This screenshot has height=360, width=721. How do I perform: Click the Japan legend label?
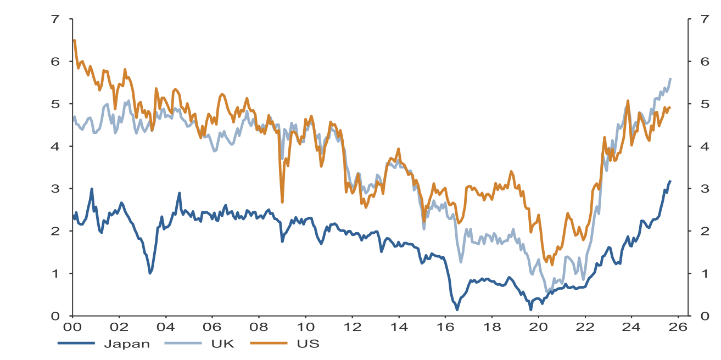click(126, 344)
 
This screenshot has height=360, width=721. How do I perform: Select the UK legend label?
click(222, 344)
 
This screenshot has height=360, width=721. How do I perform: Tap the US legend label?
click(308, 344)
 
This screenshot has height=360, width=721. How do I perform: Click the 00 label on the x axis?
click(72, 327)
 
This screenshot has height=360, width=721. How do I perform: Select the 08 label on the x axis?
click(259, 327)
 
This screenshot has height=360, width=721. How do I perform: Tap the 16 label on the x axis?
click(445, 327)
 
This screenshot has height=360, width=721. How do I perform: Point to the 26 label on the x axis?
click(678, 327)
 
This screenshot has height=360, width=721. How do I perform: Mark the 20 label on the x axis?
click(538, 327)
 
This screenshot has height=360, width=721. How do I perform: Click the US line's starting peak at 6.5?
click(74, 40)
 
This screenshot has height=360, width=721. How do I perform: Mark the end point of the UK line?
click(670, 78)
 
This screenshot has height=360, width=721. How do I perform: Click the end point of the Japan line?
click(670, 181)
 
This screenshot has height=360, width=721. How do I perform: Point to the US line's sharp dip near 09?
click(282, 202)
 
